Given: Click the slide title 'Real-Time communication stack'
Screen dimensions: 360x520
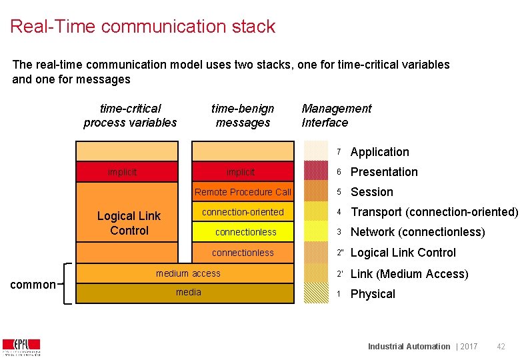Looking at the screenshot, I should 143,27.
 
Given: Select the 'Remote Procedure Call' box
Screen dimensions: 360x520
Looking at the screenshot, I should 243,192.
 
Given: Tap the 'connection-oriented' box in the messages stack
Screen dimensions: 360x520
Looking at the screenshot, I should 243,212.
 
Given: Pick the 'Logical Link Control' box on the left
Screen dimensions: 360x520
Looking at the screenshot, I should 129,223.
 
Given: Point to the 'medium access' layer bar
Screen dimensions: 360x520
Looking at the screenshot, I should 187,273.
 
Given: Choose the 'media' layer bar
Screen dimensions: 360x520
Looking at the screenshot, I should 187,293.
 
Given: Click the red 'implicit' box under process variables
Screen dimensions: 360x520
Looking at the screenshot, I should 127,172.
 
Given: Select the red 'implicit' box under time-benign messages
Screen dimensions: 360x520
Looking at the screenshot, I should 242,172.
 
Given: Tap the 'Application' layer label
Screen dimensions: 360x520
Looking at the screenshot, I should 379,152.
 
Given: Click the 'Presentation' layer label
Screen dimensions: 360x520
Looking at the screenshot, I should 384,172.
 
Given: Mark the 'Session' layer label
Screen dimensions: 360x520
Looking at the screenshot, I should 372,192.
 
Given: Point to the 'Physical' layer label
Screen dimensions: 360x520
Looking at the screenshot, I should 373,294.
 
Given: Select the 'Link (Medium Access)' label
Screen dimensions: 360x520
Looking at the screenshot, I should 409,274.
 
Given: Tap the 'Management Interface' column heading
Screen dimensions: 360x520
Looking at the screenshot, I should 336,115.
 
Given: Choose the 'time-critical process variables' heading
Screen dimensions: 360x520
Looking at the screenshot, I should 130,115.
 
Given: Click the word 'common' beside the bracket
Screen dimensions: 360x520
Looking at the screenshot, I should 33,285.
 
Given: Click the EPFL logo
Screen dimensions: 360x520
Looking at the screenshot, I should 21,347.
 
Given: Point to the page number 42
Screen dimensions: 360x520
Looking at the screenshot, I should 501,346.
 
